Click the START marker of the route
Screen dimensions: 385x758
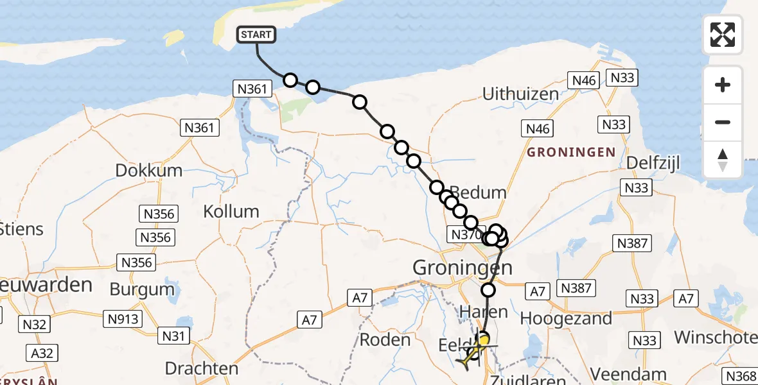click(257, 35)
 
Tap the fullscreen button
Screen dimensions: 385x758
click(723, 35)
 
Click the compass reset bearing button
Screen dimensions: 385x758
click(723, 160)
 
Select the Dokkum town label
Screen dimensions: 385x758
click(149, 171)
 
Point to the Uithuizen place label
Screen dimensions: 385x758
click(520, 94)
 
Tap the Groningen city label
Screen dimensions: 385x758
click(463, 267)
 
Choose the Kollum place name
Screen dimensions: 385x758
click(231, 211)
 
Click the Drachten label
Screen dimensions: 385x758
click(202, 368)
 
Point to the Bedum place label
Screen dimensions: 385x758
click(478, 193)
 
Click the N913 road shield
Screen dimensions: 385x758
click(121, 318)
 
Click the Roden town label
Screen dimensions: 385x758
click(385, 340)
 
